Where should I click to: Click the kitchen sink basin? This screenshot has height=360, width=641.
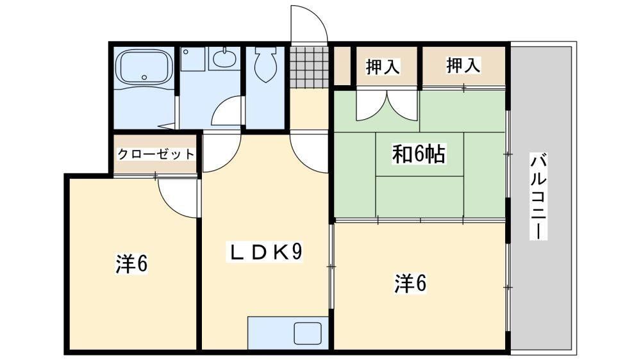(x=308, y=333)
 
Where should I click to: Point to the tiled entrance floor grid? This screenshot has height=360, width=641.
(x=309, y=67)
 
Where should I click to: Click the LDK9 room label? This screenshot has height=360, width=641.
(x=265, y=252)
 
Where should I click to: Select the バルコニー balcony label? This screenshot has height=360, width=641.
(x=538, y=196)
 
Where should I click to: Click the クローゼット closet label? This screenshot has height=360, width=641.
(x=156, y=154)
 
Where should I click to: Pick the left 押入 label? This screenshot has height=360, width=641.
(x=383, y=66)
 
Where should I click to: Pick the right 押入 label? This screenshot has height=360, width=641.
(x=463, y=65)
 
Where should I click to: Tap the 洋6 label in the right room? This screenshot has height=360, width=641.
(x=410, y=283)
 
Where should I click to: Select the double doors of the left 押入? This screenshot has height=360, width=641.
(x=387, y=106)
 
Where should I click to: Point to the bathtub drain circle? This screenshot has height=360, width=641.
(x=144, y=77)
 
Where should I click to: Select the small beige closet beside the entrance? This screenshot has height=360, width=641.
(x=342, y=66)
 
